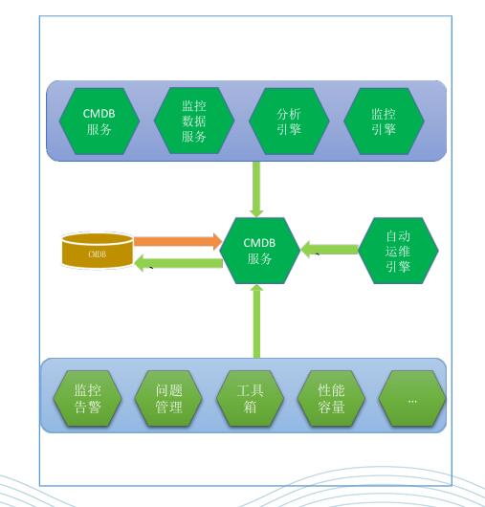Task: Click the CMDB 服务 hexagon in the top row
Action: [x=99, y=121]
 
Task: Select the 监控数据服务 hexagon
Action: [x=194, y=121]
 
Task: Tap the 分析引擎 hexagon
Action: [x=289, y=121]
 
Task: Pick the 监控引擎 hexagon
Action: [x=384, y=121]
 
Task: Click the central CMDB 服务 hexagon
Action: [x=259, y=251]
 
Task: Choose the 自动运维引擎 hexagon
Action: [x=398, y=251]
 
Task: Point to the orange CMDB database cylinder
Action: [x=98, y=251]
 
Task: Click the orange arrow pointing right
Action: [x=178, y=241]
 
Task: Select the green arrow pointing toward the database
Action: [x=179, y=263]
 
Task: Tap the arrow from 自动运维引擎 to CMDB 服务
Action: [x=329, y=250]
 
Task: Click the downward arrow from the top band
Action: [x=256, y=189]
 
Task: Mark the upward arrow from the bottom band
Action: [x=256, y=321]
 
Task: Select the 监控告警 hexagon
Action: [x=87, y=398]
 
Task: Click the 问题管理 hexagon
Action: [x=168, y=398]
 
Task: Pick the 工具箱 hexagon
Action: [x=250, y=398]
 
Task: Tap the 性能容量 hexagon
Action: [x=331, y=398]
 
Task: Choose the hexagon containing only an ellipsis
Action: [x=412, y=398]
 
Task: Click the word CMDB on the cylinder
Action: [x=98, y=254]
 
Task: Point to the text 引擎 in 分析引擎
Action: [x=289, y=129]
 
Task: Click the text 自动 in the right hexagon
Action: [x=398, y=236]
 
